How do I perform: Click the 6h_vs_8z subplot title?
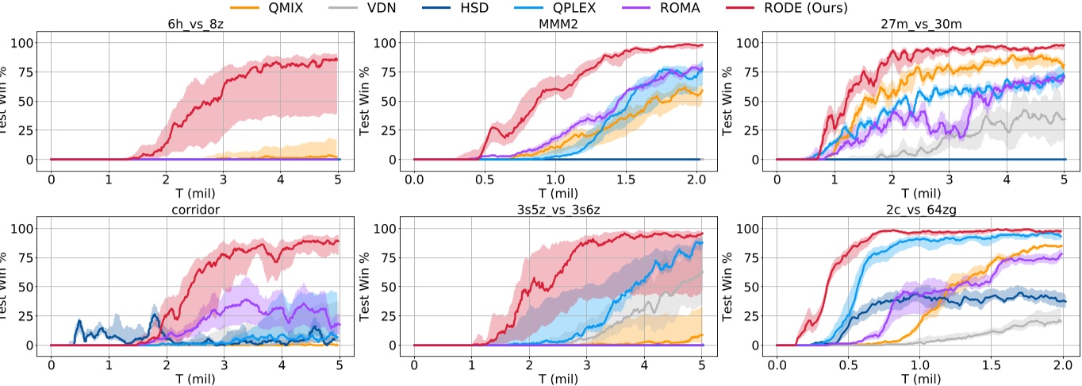coord(195,25)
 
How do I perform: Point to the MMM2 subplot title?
coord(558,25)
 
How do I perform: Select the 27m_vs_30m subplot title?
coord(920,25)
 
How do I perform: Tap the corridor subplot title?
coord(195,210)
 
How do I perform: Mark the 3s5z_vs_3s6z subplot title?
coord(558,210)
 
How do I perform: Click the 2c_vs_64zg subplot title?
coord(920,210)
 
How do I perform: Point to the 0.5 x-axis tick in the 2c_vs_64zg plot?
coord(848,364)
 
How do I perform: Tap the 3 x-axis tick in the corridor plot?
coord(224,364)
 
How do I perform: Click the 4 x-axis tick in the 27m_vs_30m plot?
coord(1007,178)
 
